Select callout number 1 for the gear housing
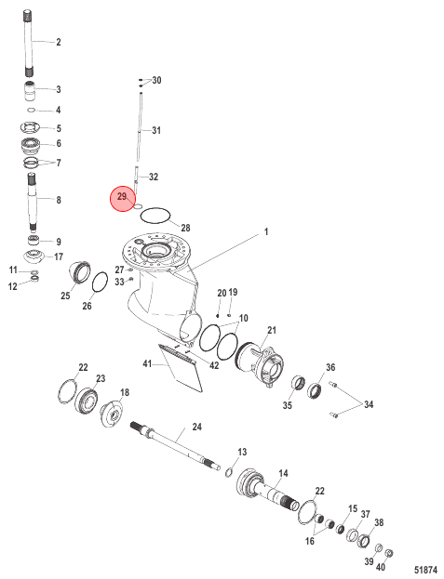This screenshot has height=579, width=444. point(265,230)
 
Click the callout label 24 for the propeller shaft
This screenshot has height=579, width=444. point(196,427)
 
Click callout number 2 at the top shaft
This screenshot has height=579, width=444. point(58,43)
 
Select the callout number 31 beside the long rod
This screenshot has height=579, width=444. point(156,130)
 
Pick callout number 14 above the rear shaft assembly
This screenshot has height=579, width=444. point(283,473)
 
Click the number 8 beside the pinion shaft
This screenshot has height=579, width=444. point(58,200)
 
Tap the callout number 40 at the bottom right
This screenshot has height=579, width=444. point(380,566)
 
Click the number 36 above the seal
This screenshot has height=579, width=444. point(330,367)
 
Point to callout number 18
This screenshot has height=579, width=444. point(125,394)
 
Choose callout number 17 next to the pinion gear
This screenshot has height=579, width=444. point(58,257)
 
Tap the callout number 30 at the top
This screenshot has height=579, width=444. point(156,81)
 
